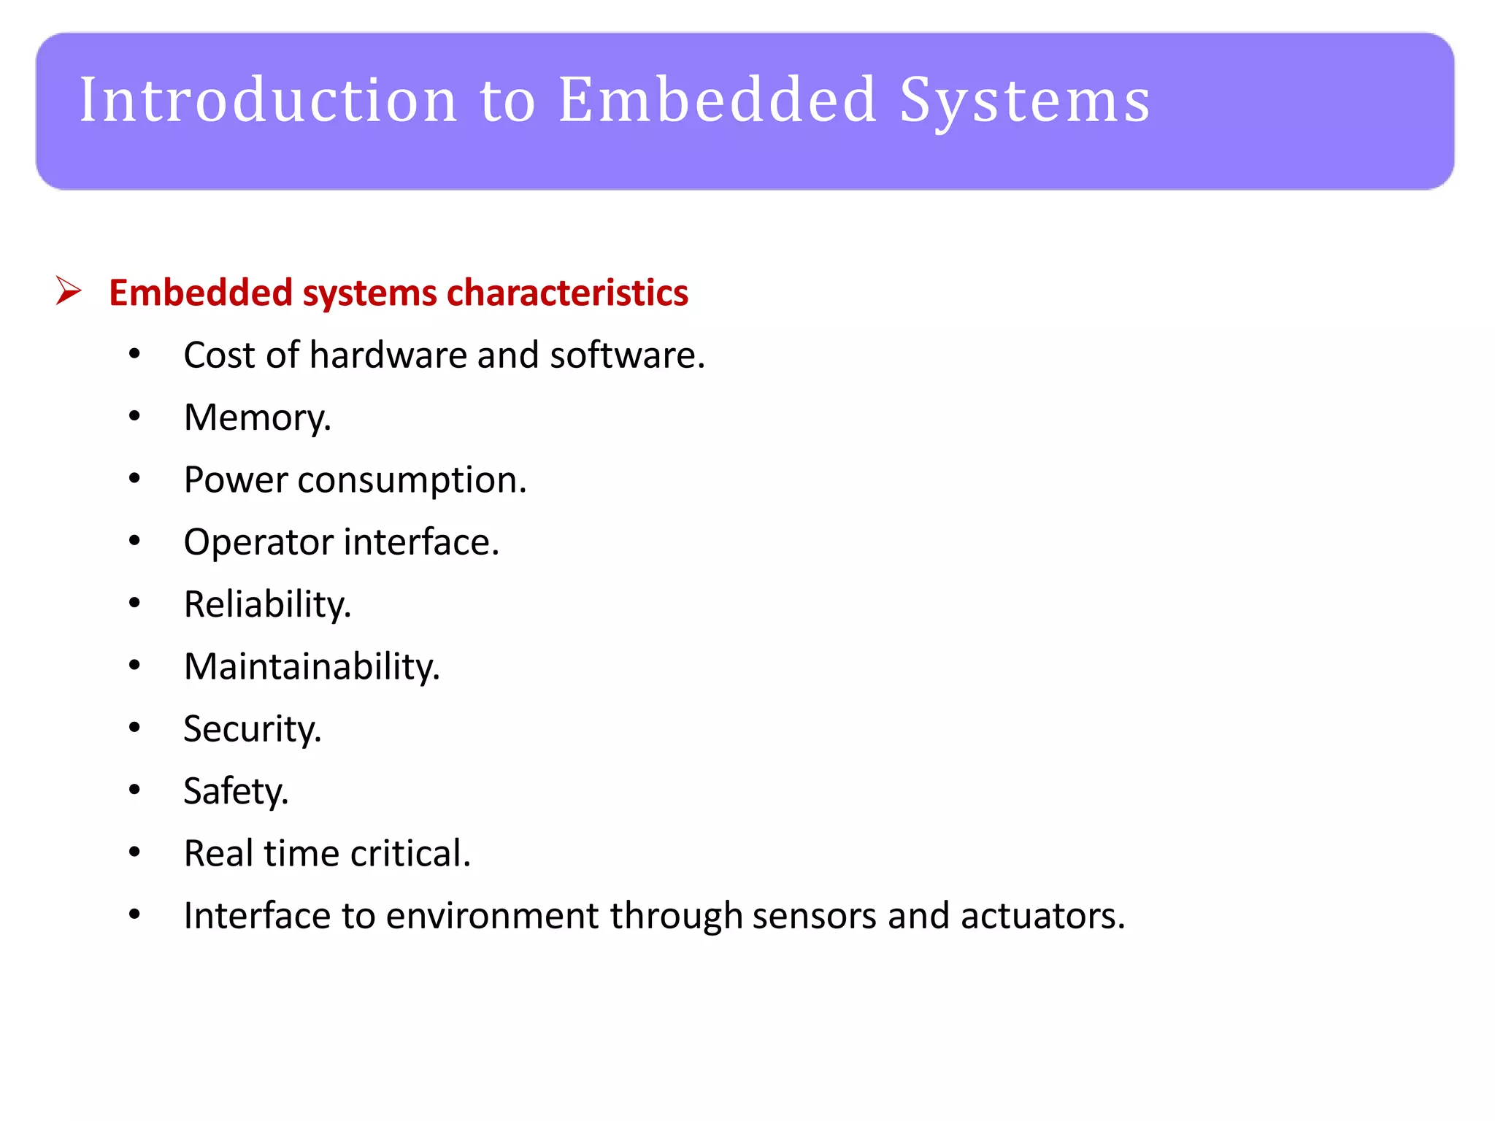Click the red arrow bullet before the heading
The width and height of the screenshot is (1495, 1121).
pos(69,291)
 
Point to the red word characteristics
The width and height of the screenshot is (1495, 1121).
pos(567,293)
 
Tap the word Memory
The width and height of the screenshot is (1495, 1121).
pos(256,418)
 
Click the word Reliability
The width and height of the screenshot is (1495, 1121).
pos(267,605)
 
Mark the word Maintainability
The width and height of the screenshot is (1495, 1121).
pos(312,667)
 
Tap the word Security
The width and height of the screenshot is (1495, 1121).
pos(252,729)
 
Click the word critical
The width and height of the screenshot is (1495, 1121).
pos(410,853)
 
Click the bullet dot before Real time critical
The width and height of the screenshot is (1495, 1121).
pos(134,852)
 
